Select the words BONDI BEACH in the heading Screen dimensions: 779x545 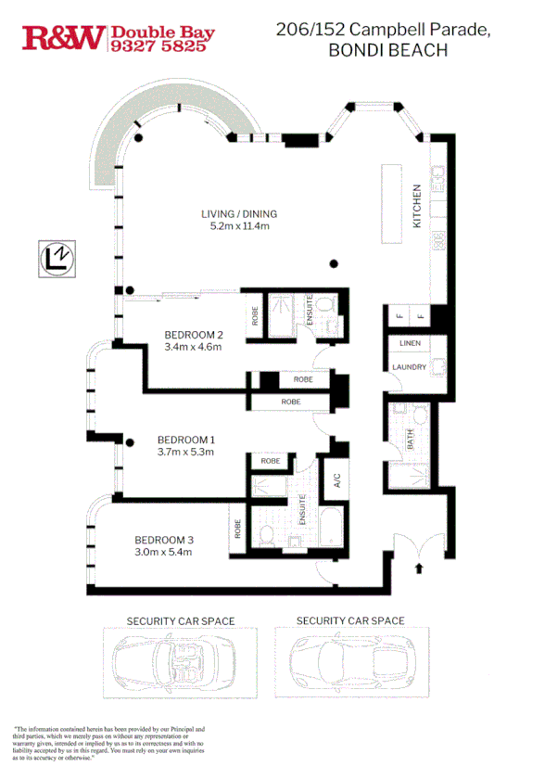pyautogui.click(x=387, y=51)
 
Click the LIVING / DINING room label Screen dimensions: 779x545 pyautogui.click(x=239, y=214)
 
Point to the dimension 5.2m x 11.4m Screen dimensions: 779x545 pyautogui.click(x=239, y=226)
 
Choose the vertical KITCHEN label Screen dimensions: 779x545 pyautogui.click(x=418, y=206)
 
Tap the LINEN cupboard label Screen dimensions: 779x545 pyautogui.click(x=410, y=343)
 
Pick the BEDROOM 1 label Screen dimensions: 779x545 pyautogui.click(x=185, y=440)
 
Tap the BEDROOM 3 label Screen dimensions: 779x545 pyautogui.click(x=163, y=540)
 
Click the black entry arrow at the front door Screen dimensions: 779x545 pyautogui.click(x=418, y=566)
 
